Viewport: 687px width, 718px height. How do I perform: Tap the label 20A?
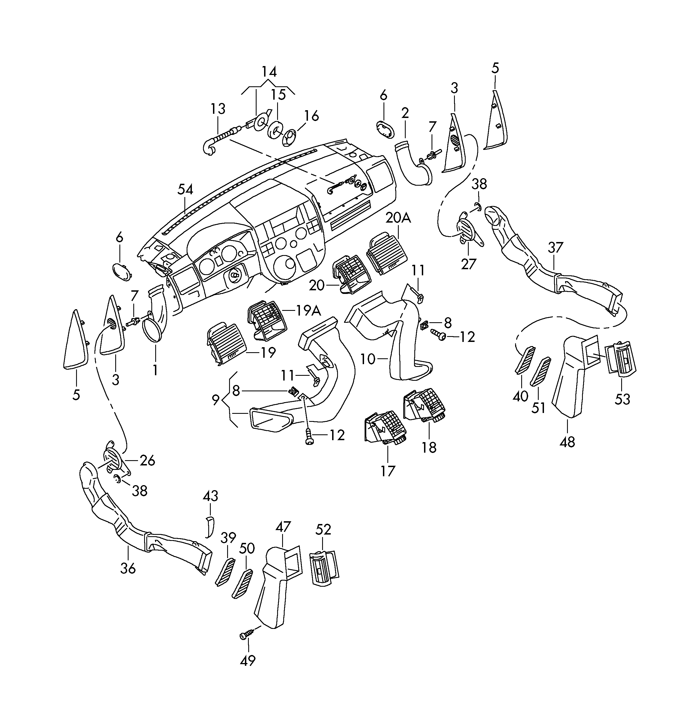click(398, 218)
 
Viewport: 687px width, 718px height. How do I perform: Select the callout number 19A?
click(308, 311)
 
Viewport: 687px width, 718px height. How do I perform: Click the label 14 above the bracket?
click(269, 71)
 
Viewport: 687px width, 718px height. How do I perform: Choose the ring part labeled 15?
click(275, 131)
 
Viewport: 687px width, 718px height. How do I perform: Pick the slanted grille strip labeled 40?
click(524, 361)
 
